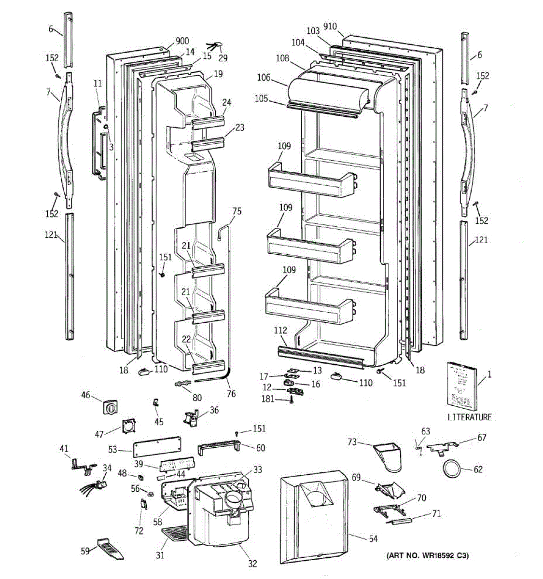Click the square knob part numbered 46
111,407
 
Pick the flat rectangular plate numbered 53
156,445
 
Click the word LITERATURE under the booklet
469,417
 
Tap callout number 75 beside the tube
237,211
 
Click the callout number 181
267,399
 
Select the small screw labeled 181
292,400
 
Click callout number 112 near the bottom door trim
280,331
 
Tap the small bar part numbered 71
401,521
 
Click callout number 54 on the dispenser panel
373,539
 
